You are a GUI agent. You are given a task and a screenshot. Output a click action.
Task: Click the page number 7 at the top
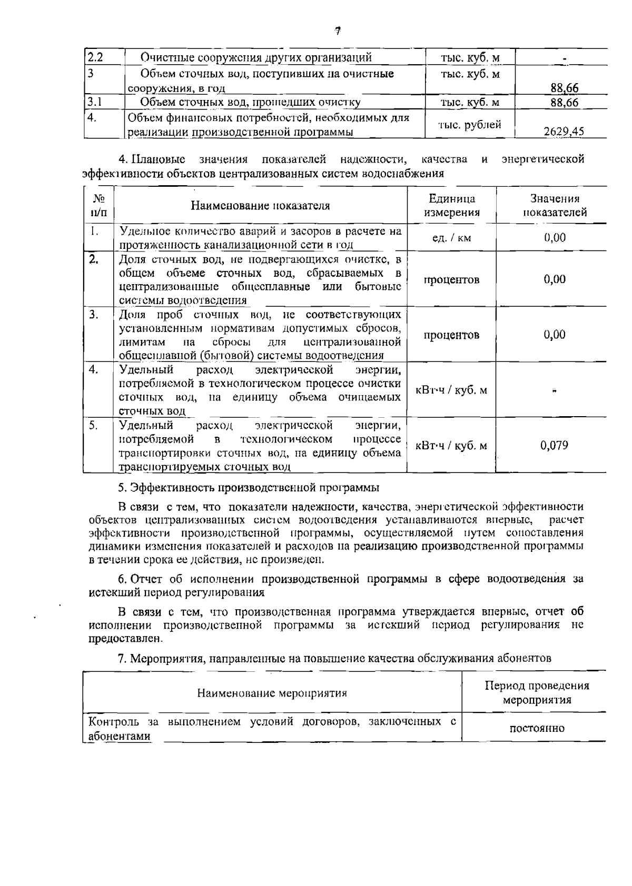tap(338, 31)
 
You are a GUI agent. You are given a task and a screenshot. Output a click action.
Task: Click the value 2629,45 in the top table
tap(564, 132)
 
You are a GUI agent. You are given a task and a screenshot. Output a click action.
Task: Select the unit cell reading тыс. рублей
tap(470, 125)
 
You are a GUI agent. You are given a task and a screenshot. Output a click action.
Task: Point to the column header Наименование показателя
tap(260, 206)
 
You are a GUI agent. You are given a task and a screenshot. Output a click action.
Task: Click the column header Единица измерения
tap(452, 206)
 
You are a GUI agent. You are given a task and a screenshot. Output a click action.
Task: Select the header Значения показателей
tap(555, 206)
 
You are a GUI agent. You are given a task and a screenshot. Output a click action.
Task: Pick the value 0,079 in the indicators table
tap(554, 446)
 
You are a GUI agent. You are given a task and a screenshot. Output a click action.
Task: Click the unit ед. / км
tap(451, 238)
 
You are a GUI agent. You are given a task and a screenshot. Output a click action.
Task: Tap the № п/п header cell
tap(98, 206)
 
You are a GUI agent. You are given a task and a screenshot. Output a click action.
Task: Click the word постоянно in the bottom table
tap(537, 729)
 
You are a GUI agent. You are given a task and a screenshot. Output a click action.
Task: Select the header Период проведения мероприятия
tap(537, 693)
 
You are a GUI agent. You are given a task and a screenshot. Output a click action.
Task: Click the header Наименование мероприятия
tap(272, 693)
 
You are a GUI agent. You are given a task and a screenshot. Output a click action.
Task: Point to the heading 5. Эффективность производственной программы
tap(249, 488)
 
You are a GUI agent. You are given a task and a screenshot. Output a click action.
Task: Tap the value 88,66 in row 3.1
tap(564, 103)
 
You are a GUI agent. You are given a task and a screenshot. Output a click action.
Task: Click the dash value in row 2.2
tap(564, 58)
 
